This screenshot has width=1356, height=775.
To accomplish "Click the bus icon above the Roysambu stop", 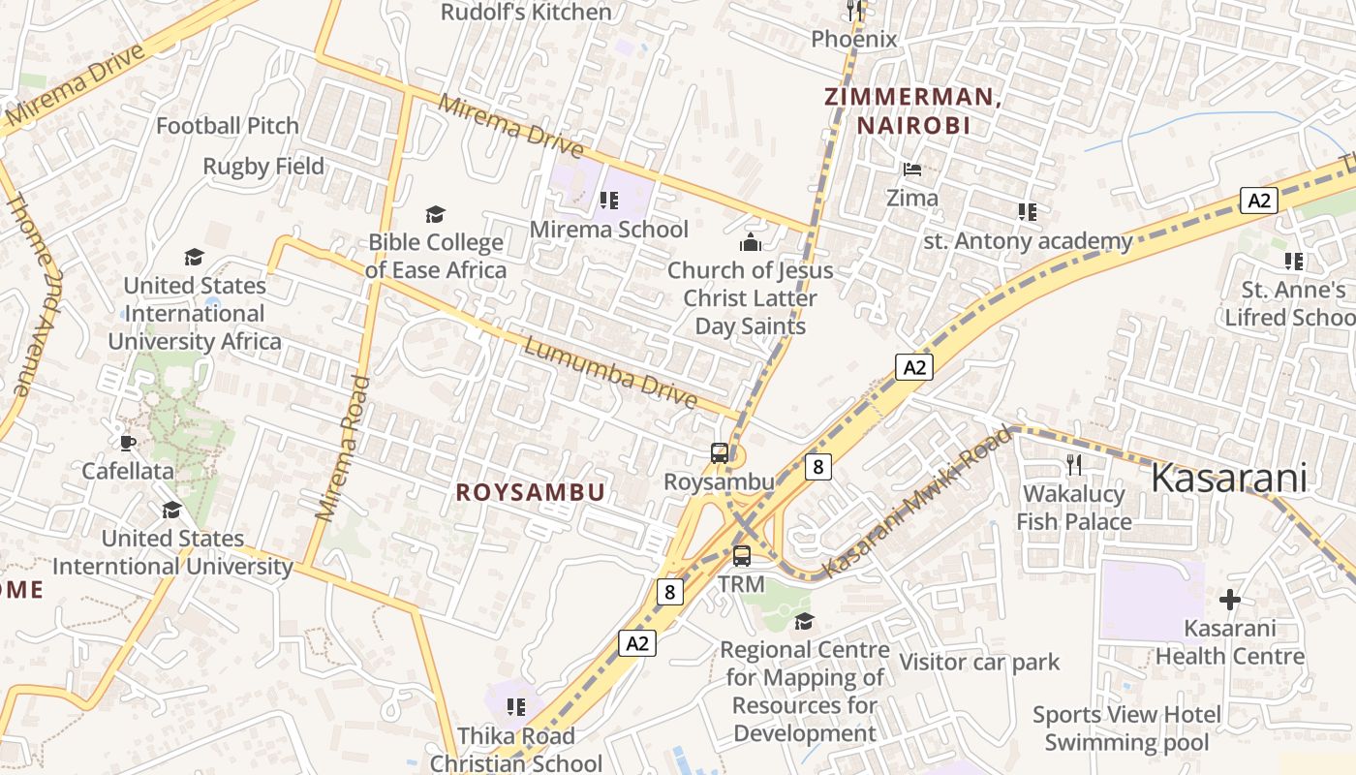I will pos(720,452).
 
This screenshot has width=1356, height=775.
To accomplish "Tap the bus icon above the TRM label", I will pos(742,556).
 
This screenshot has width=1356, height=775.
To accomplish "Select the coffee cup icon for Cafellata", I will pos(127,443).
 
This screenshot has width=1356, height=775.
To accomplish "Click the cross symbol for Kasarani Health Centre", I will pos(1230,600).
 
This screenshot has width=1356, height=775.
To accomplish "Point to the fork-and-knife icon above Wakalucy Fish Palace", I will pos(1073,465).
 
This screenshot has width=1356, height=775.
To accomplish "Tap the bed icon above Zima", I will pos(912,170).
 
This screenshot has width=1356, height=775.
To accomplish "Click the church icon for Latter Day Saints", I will pos(751,241).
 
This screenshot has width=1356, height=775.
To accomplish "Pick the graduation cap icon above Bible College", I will pos(436,214).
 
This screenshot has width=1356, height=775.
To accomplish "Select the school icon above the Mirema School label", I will pos(609,201).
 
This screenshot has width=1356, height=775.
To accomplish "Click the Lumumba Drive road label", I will pos(610,373).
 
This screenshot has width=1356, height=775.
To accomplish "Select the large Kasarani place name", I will pos(1229,478).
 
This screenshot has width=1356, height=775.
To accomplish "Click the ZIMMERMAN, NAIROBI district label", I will pos(911,110).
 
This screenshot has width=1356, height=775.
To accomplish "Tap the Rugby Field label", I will pos(263,167).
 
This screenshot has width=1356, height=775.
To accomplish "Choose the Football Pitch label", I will pos(228,126).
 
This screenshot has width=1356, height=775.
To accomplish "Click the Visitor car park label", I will pos(980,663).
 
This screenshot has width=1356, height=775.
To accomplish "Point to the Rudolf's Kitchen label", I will pos(526,13).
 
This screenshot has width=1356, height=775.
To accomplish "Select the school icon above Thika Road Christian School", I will pos(516,707).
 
